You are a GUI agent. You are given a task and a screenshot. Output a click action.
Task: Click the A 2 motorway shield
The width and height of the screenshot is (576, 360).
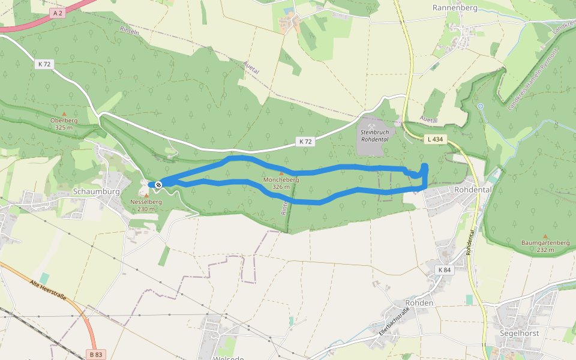click(58, 12)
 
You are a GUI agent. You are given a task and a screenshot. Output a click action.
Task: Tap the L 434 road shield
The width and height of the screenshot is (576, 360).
click(436, 139)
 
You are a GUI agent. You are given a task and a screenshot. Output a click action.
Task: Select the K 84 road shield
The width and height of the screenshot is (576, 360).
click(445, 270)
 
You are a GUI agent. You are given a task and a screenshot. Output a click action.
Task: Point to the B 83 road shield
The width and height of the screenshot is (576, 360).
click(95, 353)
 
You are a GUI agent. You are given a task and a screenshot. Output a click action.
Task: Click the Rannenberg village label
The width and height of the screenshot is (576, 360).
click(454, 8)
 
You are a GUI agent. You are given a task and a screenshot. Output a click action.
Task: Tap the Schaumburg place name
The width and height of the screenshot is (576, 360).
click(96, 191)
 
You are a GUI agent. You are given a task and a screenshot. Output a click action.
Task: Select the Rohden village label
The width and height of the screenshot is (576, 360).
click(419, 303)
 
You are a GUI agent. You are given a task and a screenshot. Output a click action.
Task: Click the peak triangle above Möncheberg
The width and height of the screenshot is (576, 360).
click(281, 173)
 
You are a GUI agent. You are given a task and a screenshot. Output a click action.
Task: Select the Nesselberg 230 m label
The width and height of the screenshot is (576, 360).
click(146, 205)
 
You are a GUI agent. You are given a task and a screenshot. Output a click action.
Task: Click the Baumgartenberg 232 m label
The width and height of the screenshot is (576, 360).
click(545, 246)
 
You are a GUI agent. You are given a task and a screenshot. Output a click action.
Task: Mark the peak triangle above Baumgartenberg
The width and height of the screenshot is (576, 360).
click(545, 236)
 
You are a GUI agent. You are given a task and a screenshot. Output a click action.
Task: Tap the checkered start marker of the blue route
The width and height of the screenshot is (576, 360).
click(158, 185)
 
